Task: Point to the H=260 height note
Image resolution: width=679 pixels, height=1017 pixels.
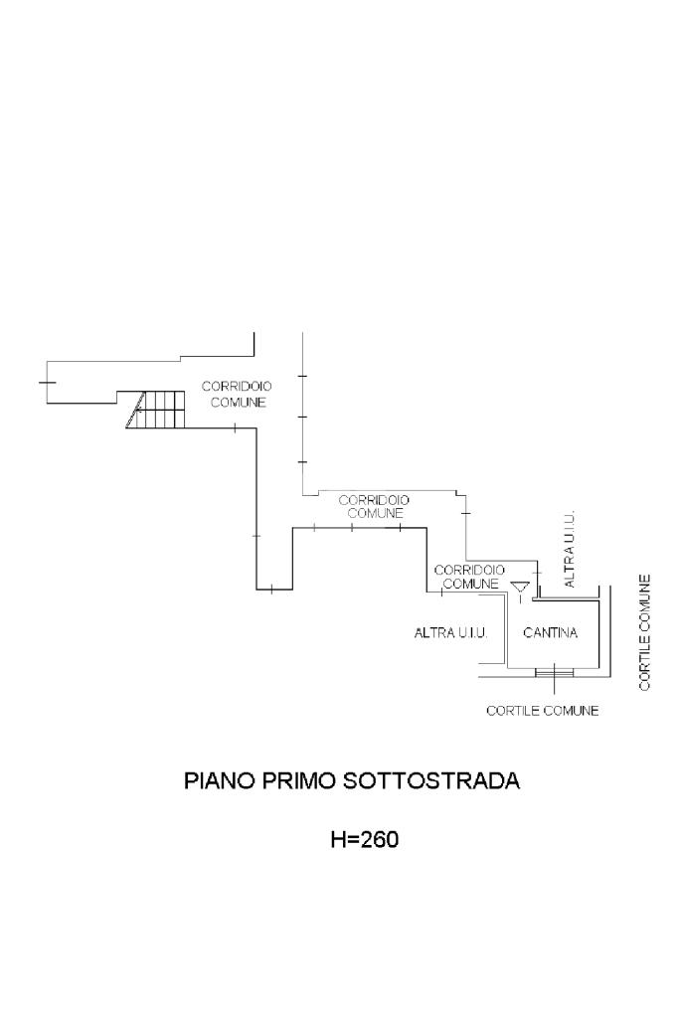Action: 364,840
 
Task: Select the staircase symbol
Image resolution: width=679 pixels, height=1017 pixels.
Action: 157,409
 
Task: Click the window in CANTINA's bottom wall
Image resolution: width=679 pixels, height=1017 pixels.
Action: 554,672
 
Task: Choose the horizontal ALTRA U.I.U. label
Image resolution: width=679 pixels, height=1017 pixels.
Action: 449,632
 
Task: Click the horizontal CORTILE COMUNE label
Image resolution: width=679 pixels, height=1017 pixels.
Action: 542,711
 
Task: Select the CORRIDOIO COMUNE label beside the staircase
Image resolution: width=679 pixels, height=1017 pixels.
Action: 237,394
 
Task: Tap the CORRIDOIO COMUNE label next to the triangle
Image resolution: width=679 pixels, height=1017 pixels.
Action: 469,577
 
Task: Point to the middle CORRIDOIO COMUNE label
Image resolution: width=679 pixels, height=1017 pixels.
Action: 375,507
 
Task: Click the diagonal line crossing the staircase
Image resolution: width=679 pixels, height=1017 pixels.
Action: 136,410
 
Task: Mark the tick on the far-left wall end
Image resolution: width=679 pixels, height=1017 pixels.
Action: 47,381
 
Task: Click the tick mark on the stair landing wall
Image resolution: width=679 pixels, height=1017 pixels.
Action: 235,427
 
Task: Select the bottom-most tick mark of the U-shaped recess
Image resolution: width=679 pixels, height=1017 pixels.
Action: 271,590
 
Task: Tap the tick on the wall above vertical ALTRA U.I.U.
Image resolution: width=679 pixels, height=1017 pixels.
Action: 537,573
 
